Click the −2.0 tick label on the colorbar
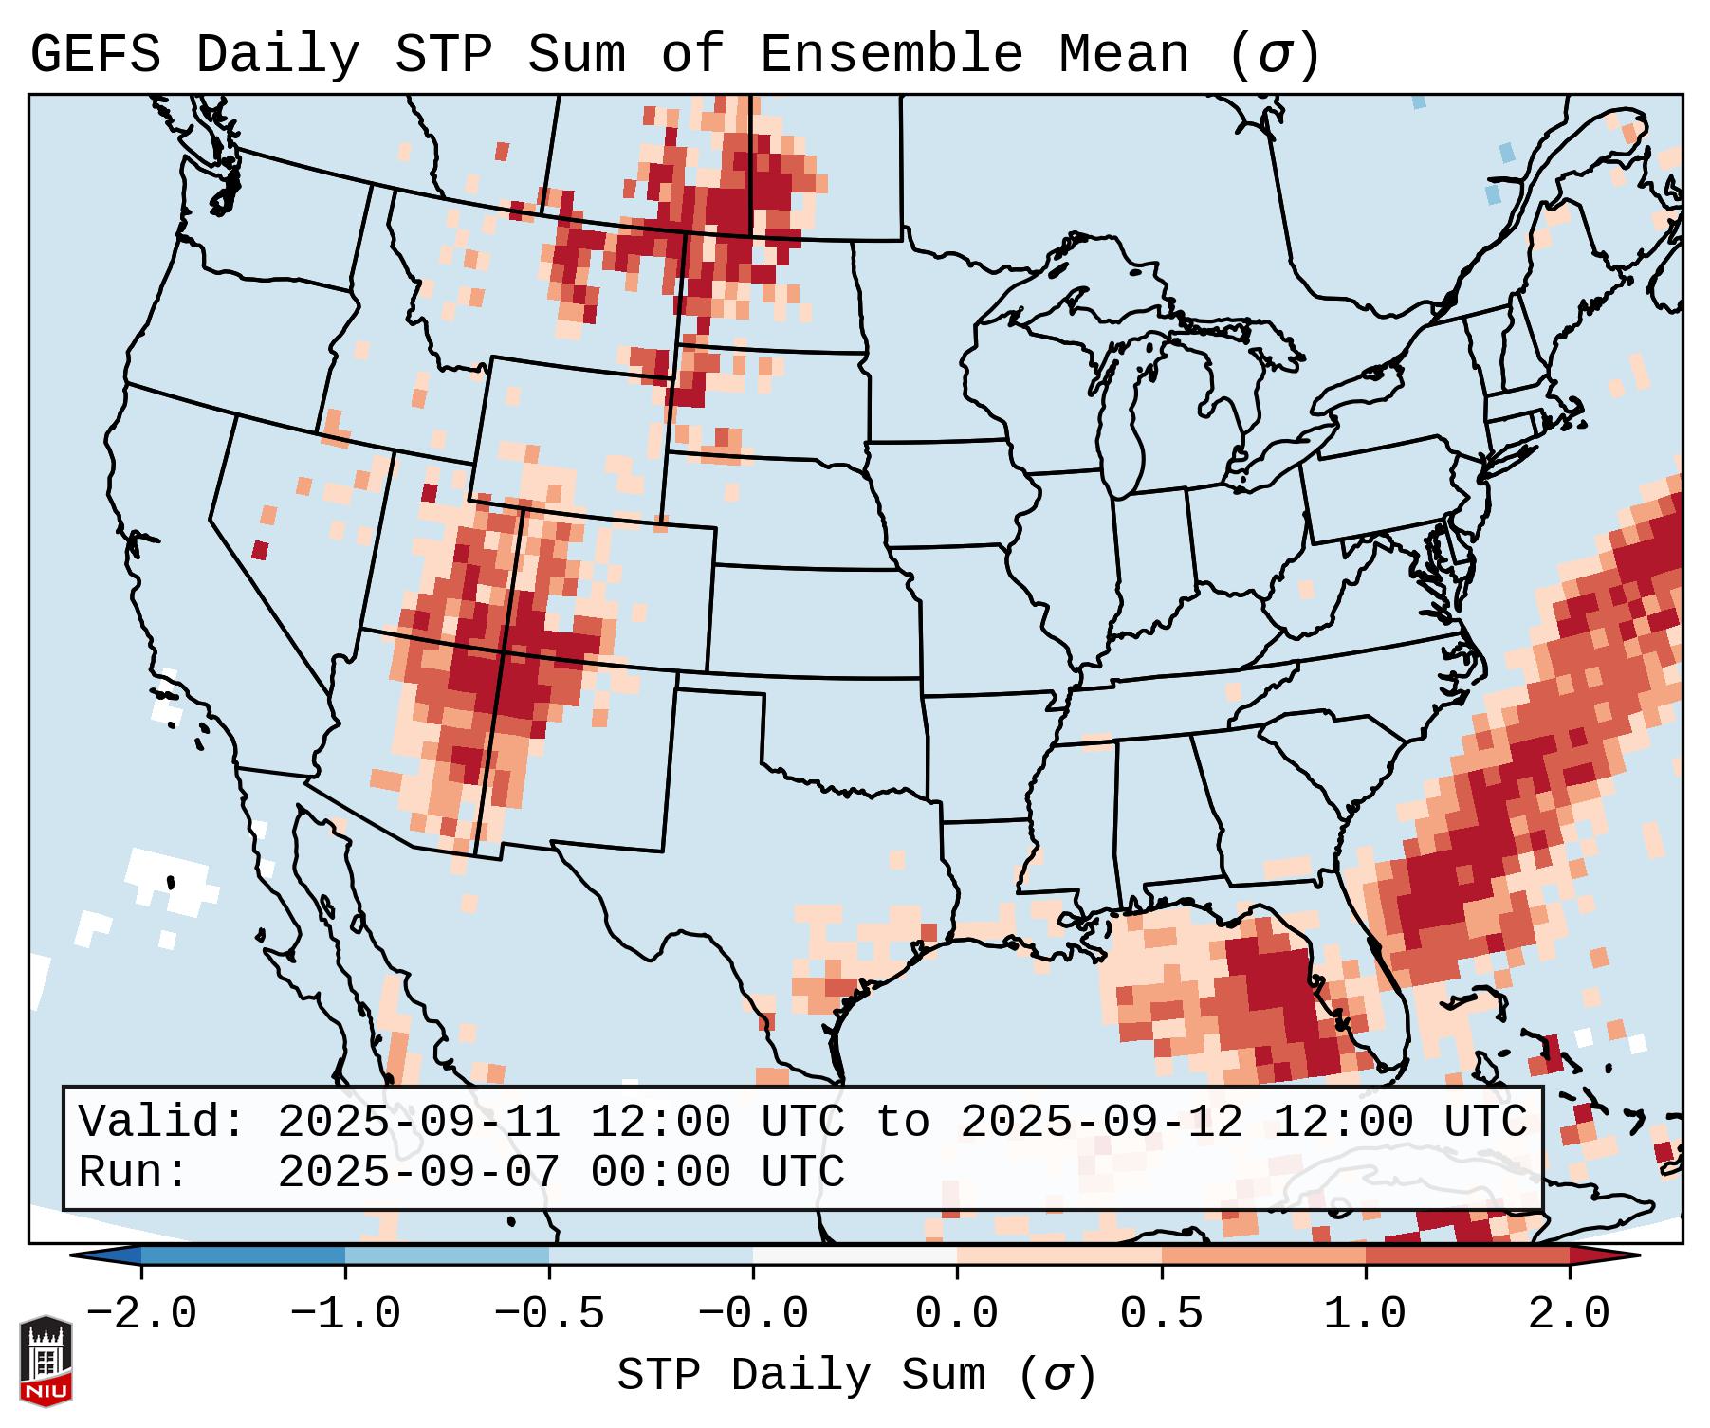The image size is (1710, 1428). [141, 1314]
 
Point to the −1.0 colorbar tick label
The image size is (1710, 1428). [345, 1314]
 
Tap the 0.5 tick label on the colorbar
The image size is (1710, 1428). [1162, 1314]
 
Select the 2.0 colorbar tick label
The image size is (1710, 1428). [1570, 1314]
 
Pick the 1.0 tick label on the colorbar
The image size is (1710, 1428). [1366, 1314]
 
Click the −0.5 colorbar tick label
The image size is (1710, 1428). [549, 1314]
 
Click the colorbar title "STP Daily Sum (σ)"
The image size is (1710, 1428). [856, 1376]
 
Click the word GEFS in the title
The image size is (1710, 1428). [95, 55]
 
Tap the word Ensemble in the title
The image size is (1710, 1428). [892, 55]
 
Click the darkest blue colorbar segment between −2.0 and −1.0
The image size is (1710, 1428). [243, 1255]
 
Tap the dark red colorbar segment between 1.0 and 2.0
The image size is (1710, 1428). [1467, 1255]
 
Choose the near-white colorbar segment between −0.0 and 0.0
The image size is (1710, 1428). [855, 1255]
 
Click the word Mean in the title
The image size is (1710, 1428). [1124, 55]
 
